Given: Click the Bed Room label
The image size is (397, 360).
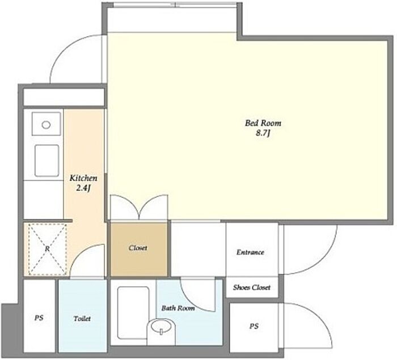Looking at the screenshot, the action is pos(263,123).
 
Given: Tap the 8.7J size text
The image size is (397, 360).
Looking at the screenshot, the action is pos(263,133).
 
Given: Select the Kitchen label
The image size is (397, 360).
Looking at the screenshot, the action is pos(83,178).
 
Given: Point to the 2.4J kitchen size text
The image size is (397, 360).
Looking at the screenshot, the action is pos(83,188).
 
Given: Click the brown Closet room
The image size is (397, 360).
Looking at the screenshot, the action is pos(139,249).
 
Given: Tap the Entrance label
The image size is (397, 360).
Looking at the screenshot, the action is pos(250,252).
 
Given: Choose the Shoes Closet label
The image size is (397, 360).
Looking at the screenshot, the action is pos(252,287).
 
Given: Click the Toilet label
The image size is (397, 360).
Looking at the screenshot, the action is pos(82,319).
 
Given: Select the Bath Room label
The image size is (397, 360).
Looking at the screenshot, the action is pos(178,308).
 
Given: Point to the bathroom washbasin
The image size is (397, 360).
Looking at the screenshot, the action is pos(161,330).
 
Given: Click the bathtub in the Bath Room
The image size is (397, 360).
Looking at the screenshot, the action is pos(133,312).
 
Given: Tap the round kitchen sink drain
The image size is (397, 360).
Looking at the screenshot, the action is pos(46,125).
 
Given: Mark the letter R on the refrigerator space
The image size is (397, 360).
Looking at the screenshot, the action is pos(47,249).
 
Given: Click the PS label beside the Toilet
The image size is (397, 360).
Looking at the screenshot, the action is pos(39,317).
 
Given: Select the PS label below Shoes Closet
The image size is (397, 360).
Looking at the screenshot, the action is pos(254,326).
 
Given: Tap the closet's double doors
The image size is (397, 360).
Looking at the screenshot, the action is pos(139,207).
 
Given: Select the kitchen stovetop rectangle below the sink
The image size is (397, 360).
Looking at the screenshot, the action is pos(47,160).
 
